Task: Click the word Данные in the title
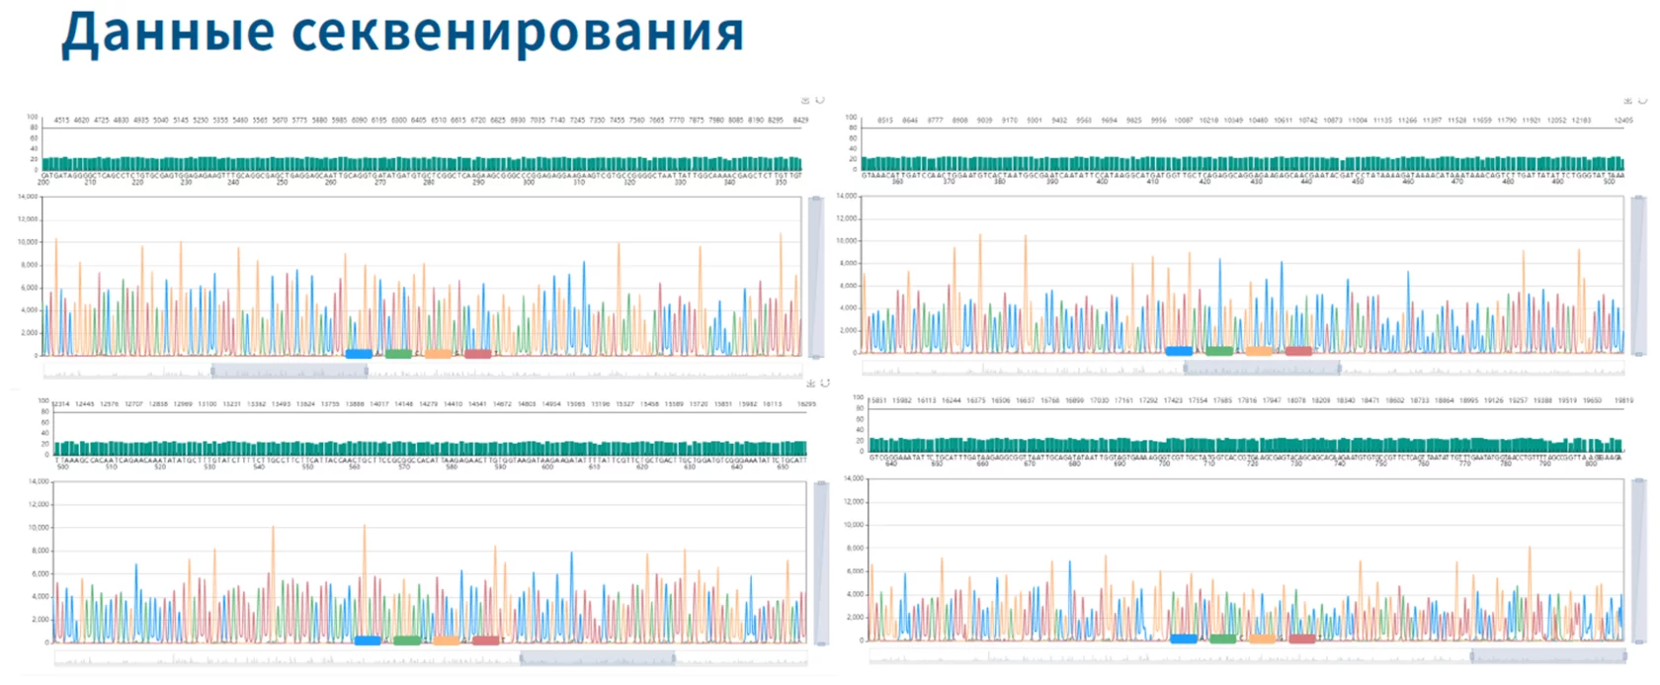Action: coord(167,33)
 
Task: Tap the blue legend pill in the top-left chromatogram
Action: coord(359,354)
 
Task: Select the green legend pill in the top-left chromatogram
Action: coord(398,354)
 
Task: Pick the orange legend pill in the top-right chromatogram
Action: coord(1259,351)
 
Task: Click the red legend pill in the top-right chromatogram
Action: coord(1298,351)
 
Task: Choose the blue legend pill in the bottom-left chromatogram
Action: coord(368,641)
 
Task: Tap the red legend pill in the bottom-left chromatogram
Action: coord(486,641)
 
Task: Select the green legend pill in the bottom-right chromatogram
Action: coord(1223,639)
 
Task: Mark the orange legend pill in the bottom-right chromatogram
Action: coord(1263,639)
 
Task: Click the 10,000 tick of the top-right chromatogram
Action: coord(847,240)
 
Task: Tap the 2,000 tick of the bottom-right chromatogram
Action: coord(855,617)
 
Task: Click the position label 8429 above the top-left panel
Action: coord(800,121)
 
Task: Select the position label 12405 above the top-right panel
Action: coord(1623,121)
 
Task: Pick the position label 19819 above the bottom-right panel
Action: coord(1623,401)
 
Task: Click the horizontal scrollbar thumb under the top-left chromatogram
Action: coord(290,372)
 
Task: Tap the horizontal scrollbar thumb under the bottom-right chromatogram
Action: coord(1547,656)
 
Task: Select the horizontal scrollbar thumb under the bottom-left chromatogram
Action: coord(597,658)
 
